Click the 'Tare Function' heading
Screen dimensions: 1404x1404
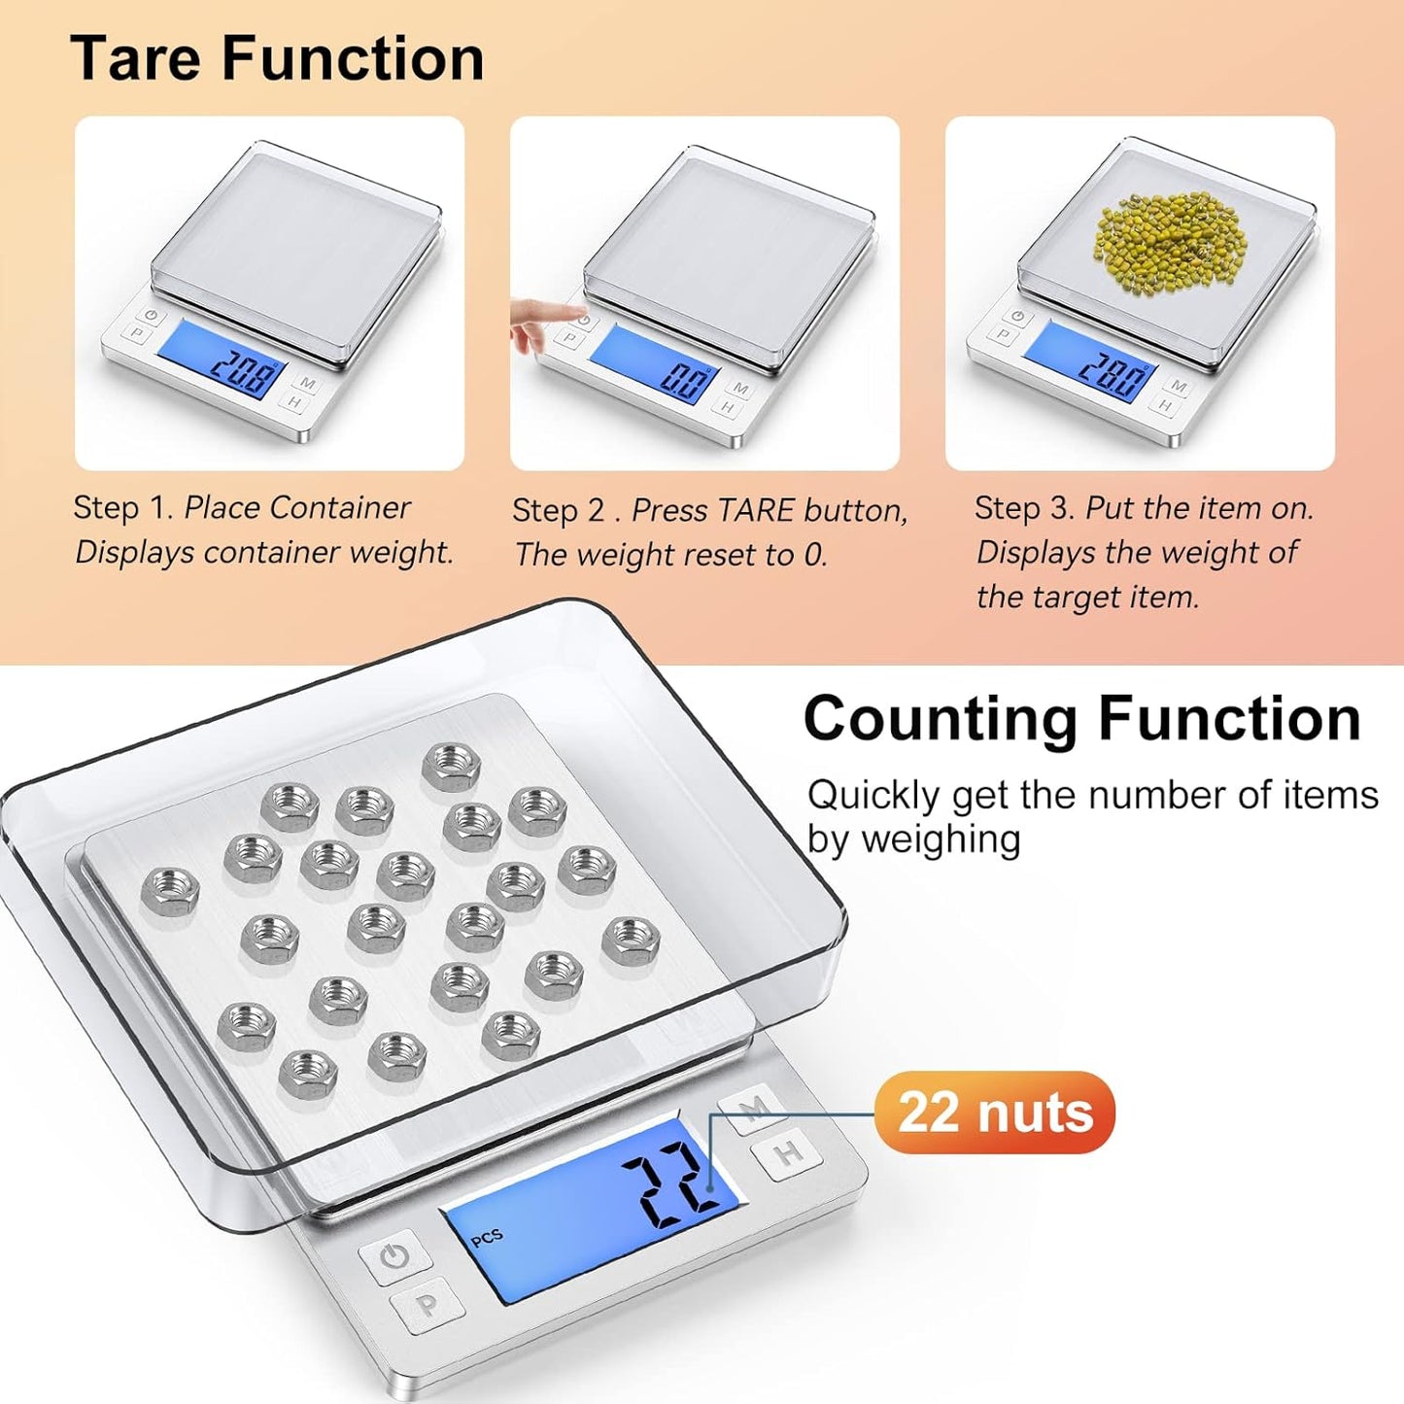click(x=277, y=58)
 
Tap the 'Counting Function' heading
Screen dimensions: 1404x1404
click(x=1081, y=719)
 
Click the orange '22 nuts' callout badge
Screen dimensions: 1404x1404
click(x=995, y=1113)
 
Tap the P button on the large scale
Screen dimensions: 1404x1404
click(x=428, y=1305)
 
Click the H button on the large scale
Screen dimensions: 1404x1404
click(x=788, y=1154)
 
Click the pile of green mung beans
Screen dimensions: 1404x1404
click(x=1170, y=238)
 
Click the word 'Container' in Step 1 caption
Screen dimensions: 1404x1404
click(x=340, y=507)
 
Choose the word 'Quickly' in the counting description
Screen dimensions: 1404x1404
click(x=873, y=796)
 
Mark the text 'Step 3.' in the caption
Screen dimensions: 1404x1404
click(x=1023, y=507)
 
